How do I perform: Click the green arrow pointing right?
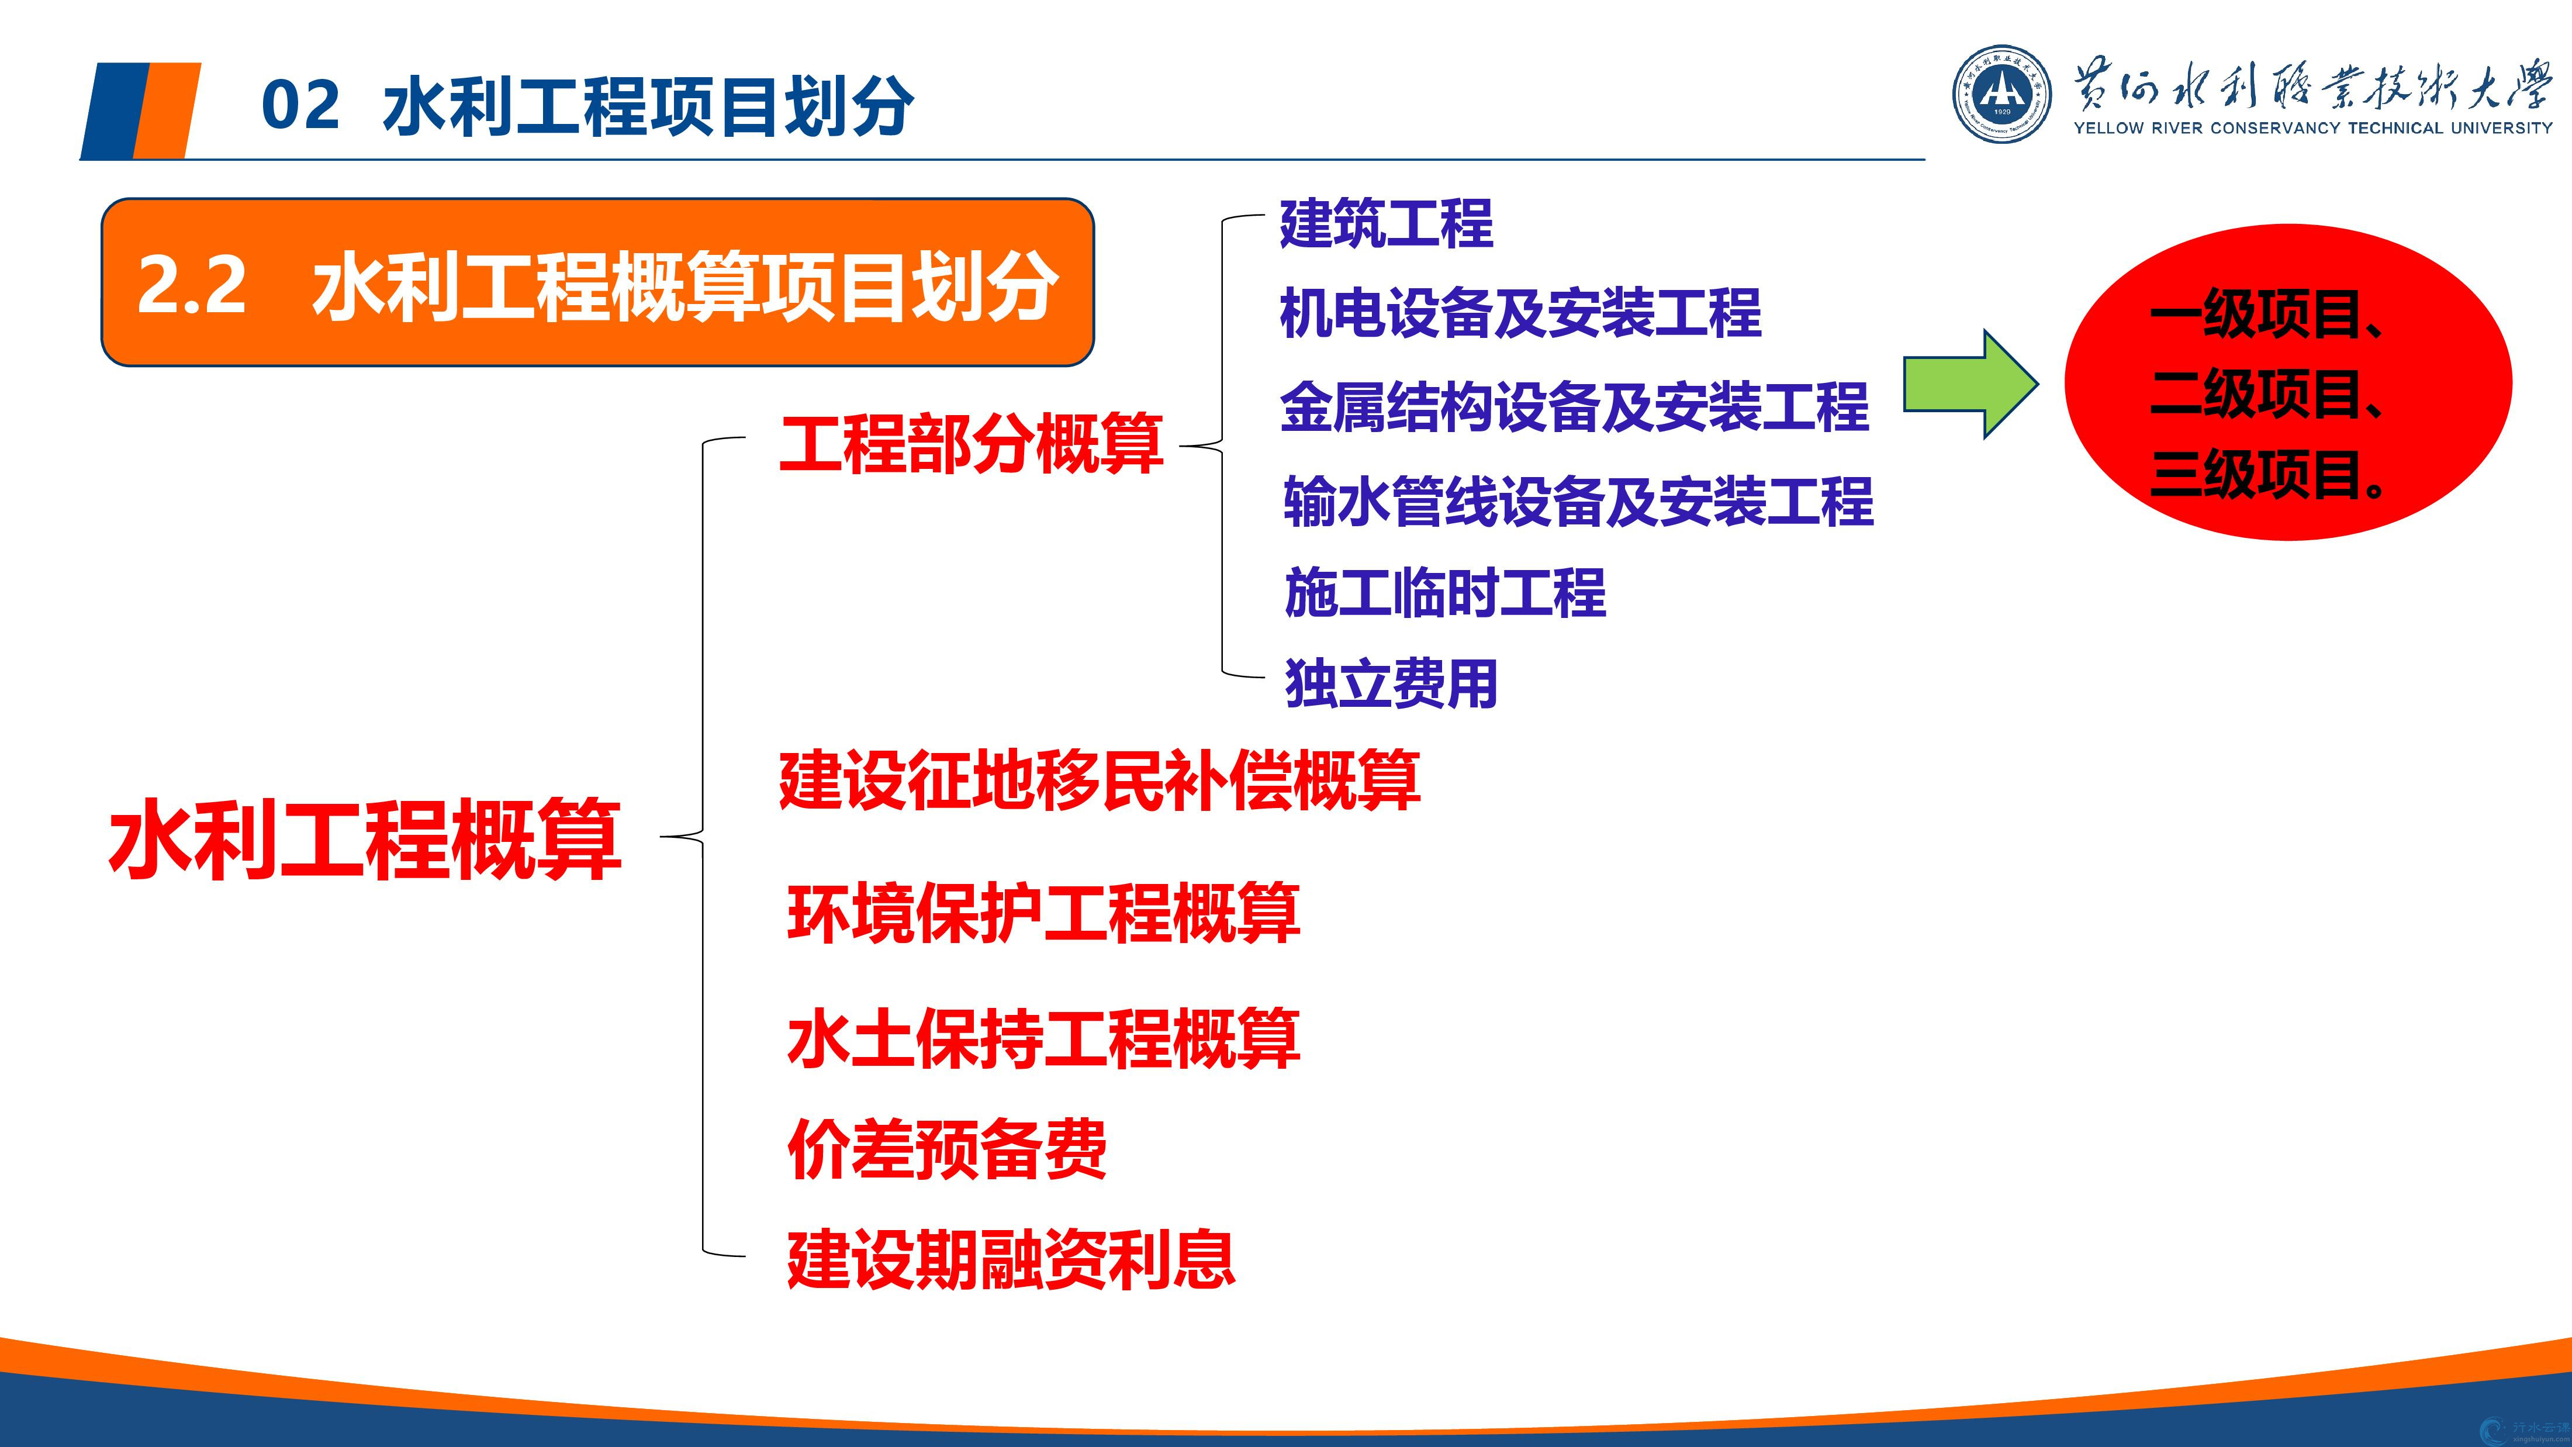tap(1970, 384)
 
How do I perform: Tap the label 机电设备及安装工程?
tap(1520, 313)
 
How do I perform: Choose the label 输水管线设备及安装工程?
tap(1578, 500)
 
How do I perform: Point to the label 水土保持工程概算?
tap(1043, 1038)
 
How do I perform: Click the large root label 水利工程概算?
tap(365, 839)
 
